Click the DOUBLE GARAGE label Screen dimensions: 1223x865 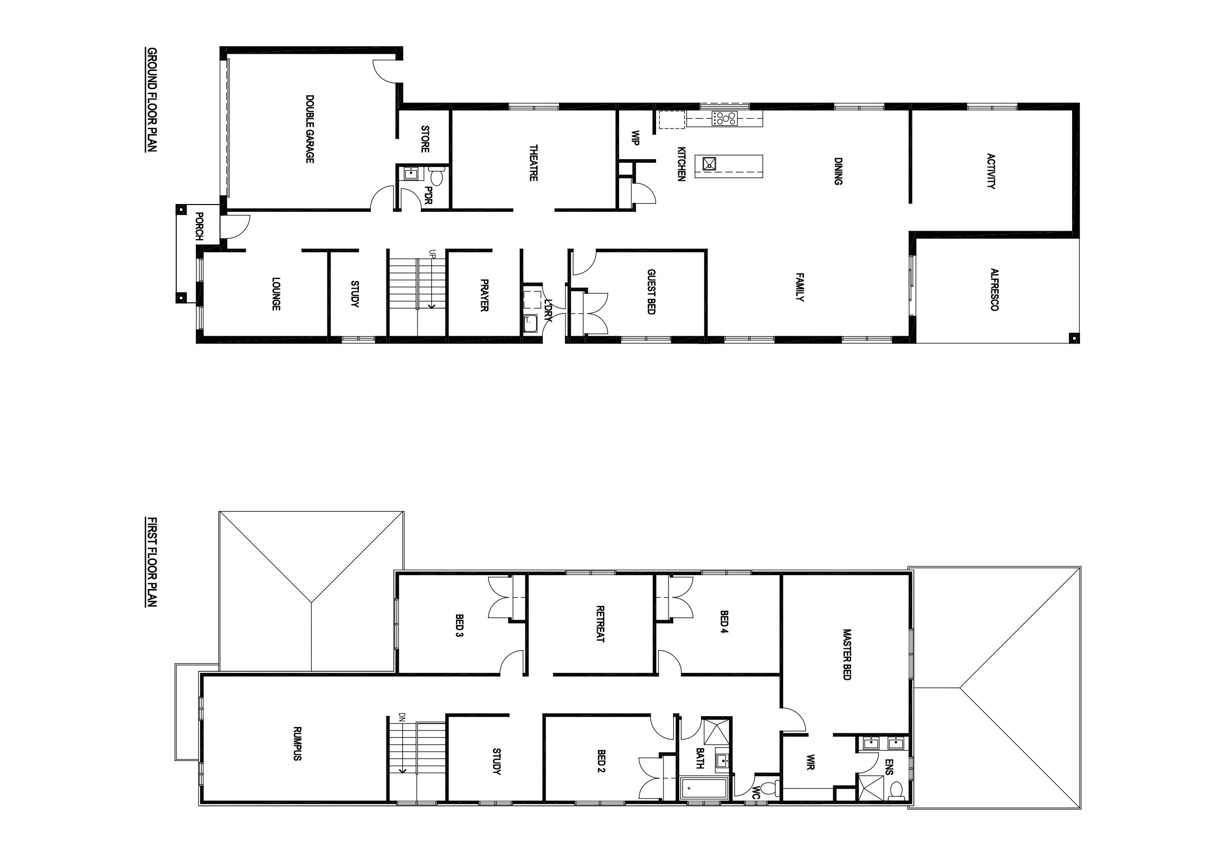pyautogui.click(x=310, y=129)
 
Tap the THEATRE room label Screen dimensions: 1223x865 pyautogui.click(x=533, y=163)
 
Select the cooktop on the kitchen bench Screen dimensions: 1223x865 pyautogui.click(x=725, y=118)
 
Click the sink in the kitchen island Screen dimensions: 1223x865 pyautogui.click(x=709, y=164)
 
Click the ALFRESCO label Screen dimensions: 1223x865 pyautogui.click(x=994, y=289)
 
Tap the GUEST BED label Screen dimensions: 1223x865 pyautogui.click(x=651, y=291)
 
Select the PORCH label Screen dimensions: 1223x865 pyautogui.click(x=199, y=226)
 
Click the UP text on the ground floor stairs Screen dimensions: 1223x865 pyautogui.click(x=432, y=254)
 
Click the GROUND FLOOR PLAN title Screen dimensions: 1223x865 pyautogui.click(x=151, y=100)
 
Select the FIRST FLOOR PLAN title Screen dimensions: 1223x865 pyautogui.click(x=151, y=561)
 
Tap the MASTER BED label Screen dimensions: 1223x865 pyautogui.click(x=847, y=655)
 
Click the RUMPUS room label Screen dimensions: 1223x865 pyautogui.click(x=297, y=743)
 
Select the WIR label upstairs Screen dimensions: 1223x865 pyautogui.click(x=810, y=761)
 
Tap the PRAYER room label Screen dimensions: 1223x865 pyautogui.click(x=484, y=295)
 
